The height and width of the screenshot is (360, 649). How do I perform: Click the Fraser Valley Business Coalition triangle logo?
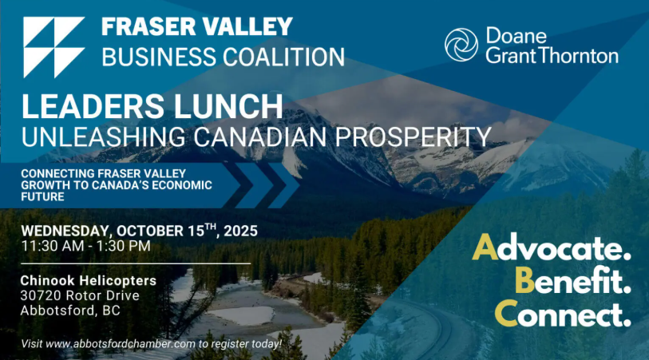(53, 47)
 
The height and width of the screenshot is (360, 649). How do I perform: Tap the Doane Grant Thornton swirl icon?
(461, 45)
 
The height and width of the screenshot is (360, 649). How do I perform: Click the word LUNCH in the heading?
(228, 106)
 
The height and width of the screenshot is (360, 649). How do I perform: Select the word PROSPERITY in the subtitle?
(413, 136)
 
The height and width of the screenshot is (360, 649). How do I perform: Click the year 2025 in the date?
(240, 231)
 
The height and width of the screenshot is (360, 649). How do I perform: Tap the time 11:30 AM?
(53, 246)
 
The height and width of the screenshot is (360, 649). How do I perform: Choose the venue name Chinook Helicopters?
(88, 280)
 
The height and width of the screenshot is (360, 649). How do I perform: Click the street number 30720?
(41, 295)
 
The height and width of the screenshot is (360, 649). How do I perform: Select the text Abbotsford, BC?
(70, 311)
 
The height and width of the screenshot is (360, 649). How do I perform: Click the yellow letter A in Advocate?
(485, 247)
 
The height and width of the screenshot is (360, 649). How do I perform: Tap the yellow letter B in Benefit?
(524, 280)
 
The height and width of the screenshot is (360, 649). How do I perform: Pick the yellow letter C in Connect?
(506, 313)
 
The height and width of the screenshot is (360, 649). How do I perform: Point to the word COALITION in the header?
(284, 57)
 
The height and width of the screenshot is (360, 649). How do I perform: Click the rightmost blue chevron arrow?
(284, 185)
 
